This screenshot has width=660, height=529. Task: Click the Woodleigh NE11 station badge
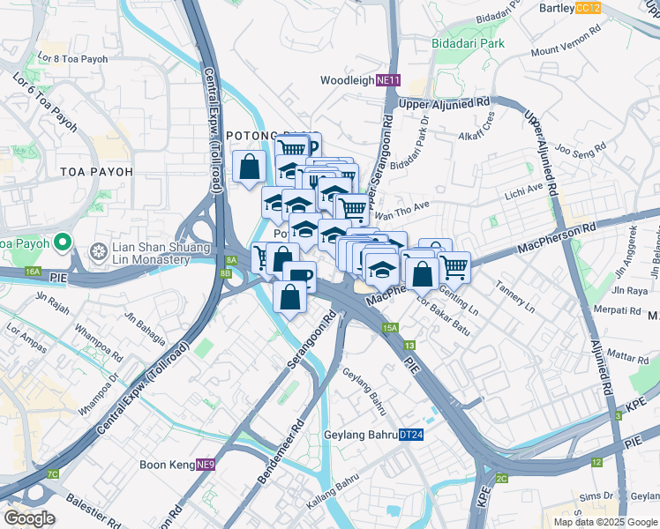click(388, 80)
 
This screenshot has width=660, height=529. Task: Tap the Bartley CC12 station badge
click(587, 8)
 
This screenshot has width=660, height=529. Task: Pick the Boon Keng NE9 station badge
click(205, 464)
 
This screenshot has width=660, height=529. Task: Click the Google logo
click(29, 518)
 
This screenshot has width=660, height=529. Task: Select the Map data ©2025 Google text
click(604, 522)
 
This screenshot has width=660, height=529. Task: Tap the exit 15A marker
click(391, 328)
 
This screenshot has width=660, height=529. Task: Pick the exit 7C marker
click(53, 474)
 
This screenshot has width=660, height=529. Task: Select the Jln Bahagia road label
click(145, 317)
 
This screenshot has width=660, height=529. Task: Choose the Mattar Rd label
click(628, 358)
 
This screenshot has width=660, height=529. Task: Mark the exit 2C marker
click(501, 478)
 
